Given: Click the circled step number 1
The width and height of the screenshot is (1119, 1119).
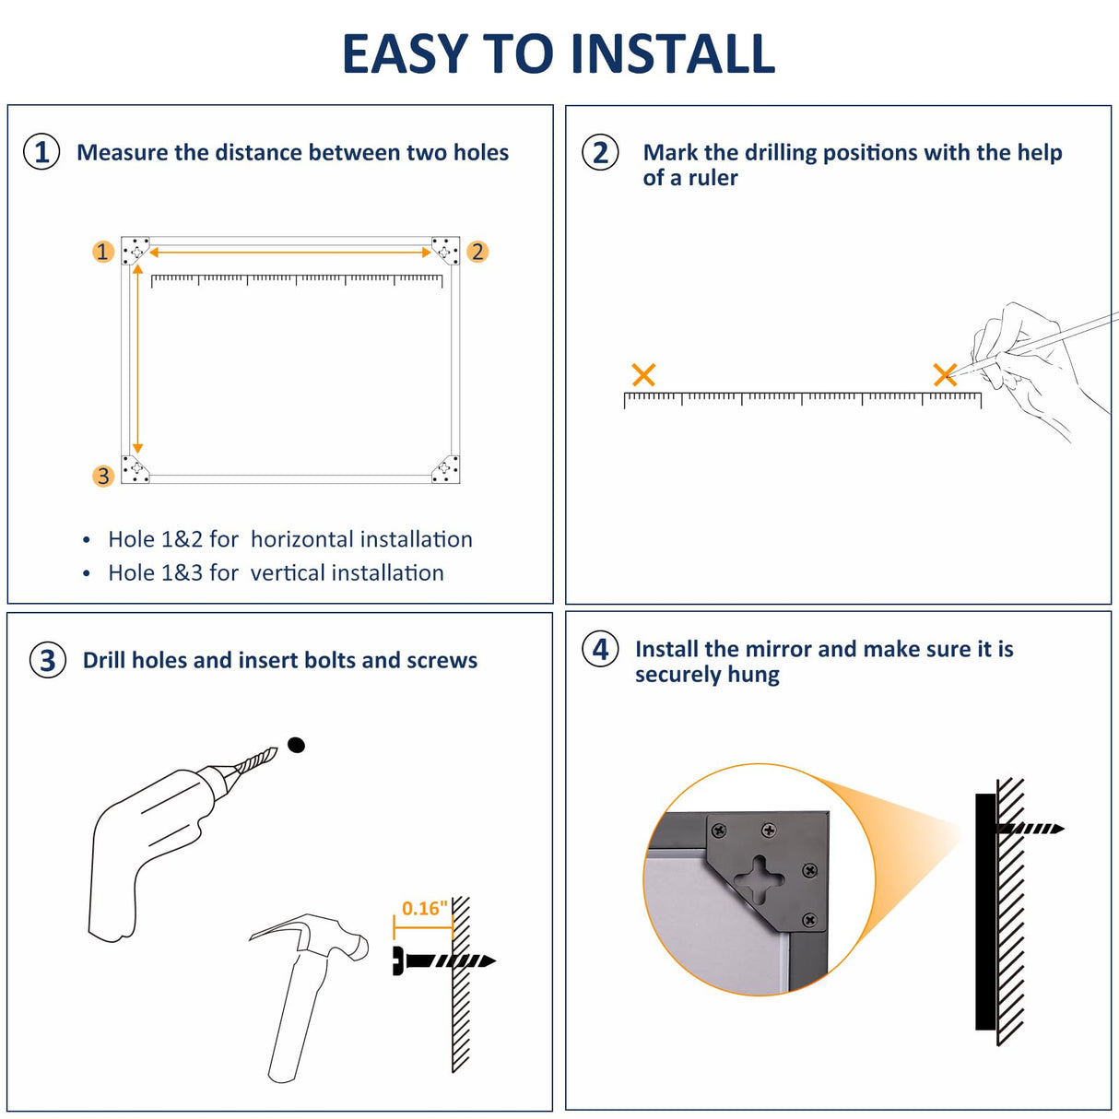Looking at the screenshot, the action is pos(41,152).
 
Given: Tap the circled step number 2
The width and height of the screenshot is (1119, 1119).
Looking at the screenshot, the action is pos(600,152).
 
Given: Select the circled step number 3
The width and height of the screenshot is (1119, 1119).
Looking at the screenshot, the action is pos(48,660).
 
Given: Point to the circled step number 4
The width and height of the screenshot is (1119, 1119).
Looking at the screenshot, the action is pos(600,649).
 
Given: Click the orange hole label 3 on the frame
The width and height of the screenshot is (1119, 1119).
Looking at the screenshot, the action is pos(103,477).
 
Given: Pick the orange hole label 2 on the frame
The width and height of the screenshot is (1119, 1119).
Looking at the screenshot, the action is pos(477,252).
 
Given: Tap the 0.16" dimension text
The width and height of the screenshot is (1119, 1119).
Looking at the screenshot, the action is pos(425,908).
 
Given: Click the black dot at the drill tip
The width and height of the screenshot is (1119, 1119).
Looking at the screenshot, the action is pos(296,745).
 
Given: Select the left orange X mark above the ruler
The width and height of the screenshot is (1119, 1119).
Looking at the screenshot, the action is pos(643,374).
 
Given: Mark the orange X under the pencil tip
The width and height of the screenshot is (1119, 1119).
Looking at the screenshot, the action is pos(945,374).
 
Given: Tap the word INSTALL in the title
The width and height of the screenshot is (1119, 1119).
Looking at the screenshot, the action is pos(673,54).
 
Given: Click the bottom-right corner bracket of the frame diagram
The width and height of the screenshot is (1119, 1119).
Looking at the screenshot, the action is pos(445,468).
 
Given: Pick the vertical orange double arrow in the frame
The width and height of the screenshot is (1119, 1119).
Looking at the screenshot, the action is pos(137,359).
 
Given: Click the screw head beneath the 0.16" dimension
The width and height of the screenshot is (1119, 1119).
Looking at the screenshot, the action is pos(399,961).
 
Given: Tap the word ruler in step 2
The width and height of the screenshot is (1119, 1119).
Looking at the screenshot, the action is pos(712,178).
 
